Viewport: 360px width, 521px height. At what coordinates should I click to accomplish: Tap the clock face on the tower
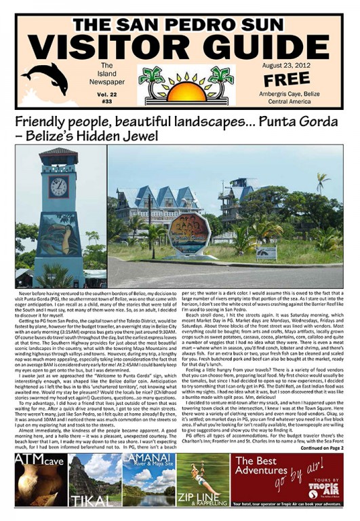pyautogui.click(x=58, y=187)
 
